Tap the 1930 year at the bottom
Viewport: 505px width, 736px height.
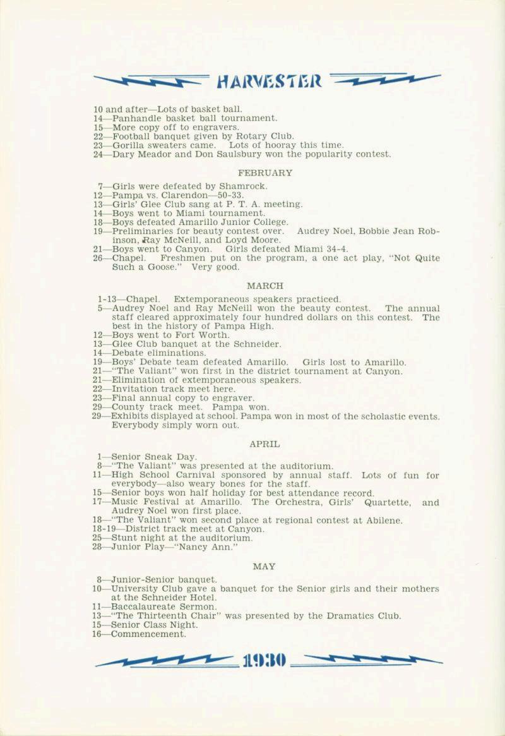[x=264, y=661]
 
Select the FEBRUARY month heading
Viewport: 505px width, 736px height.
[x=265, y=172]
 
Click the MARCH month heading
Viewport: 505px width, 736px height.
[x=265, y=286]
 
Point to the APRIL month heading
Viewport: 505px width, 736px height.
[x=265, y=444]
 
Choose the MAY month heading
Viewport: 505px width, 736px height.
[x=264, y=566]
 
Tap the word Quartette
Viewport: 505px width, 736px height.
[x=387, y=502]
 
